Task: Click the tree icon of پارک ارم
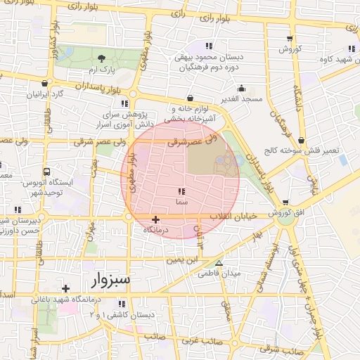click(102, 58)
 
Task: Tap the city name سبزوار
click(111, 280)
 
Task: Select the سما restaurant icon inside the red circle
click(181, 191)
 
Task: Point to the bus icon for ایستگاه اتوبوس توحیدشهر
click(46, 172)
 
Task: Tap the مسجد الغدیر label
click(241, 98)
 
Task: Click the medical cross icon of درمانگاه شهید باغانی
click(65, 288)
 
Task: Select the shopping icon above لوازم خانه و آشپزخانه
click(190, 98)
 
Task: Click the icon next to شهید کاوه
click(351, 49)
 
